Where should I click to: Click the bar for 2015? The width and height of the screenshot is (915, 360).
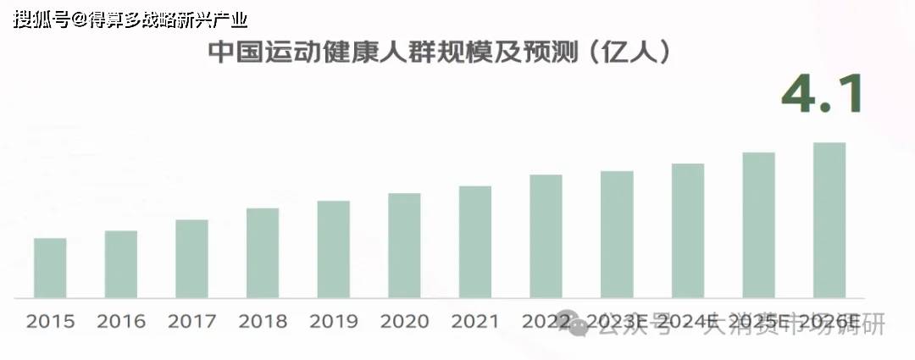pyautogui.click(x=50, y=268)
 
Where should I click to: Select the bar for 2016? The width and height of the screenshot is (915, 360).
pyautogui.click(x=121, y=264)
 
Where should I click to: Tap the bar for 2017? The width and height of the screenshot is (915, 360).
pyautogui.click(x=191, y=258)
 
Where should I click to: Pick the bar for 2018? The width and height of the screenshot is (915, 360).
pyautogui.click(x=263, y=252)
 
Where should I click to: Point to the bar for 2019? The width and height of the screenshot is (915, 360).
pyautogui.click(x=334, y=249)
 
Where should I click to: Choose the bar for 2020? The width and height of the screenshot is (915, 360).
pyautogui.click(x=404, y=246)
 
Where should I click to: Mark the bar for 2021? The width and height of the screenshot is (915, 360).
pyautogui.click(x=475, y=241)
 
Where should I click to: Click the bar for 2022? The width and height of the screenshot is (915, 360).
pyautogui.click(x=546, y=236)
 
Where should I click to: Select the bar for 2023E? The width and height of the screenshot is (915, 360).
pyautogui.click(x=617, y=235)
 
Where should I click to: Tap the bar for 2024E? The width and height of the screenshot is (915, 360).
pyautogui.click(x=688, y=230)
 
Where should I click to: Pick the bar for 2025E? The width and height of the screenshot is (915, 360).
pyautogui.click(x=758, y=225)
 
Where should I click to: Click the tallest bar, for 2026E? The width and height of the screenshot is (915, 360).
pyautogui.click(x=829, y=220)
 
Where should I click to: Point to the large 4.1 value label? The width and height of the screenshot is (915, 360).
pyautogui.click(x=821, y=94)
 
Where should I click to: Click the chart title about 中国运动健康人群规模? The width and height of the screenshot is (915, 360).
pyautogui.click(x=441, y=53)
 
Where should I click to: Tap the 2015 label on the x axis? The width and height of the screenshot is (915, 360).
pyautogui.click(x=50, y=322)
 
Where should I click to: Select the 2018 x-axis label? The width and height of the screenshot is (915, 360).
pyautogui.click(x=263, y=322)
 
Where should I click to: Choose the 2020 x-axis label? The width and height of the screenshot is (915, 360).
pyautogui.click(x=404, y=322)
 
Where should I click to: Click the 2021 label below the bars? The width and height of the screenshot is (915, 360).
pyautogui.click(x=475, y=322)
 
